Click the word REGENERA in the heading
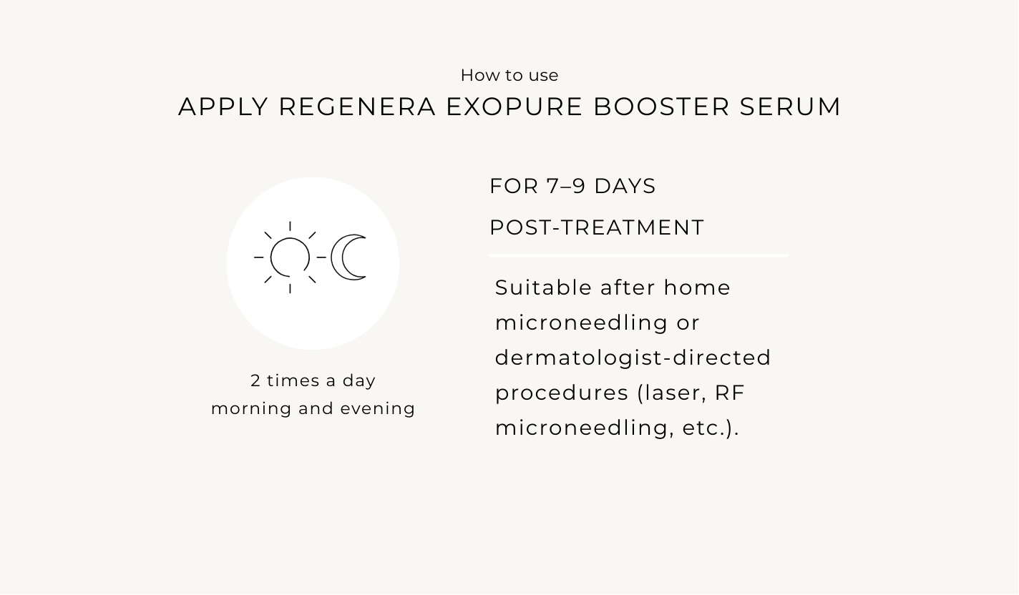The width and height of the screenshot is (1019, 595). point(357,107)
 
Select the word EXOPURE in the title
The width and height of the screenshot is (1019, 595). point(514,107)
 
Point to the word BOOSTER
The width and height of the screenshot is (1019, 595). point(661,107)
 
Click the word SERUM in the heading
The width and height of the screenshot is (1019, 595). point(790,107)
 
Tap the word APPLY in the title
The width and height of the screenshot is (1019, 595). point(223,107)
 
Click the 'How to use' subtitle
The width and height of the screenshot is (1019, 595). point(509,76)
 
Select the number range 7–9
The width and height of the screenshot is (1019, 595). point(565,187)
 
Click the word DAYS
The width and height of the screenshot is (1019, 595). point(625,187)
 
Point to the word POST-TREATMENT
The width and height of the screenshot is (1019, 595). point(596,227)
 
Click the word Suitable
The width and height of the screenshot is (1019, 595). point(543,287)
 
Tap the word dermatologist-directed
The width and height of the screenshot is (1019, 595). point(633,358)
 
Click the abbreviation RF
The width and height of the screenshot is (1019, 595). point(730,393)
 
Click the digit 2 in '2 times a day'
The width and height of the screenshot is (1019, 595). point(255,380)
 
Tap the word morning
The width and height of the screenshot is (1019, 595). point(251,408)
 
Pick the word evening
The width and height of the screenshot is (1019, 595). point(378,408)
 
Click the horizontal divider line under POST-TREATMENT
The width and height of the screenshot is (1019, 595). point(639,256)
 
